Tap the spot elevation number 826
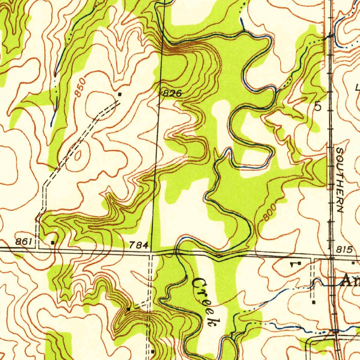coord(172,94)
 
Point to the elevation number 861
coord(24,242)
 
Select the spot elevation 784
coord(139,245)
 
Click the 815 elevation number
coord(344,250)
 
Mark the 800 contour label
coord(270,212)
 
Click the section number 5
coord(318,107)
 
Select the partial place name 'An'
coord(351,282)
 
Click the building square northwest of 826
coord(120,94)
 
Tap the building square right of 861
coord(53,243)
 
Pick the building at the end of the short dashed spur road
coord(129,309)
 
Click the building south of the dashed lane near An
coord(314,302)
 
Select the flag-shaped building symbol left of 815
coord(298,263)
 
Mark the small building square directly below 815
coord(353,263)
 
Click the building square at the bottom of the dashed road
coord(153,351)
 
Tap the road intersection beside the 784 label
coord(151,252)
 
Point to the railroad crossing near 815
coord(332,256)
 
